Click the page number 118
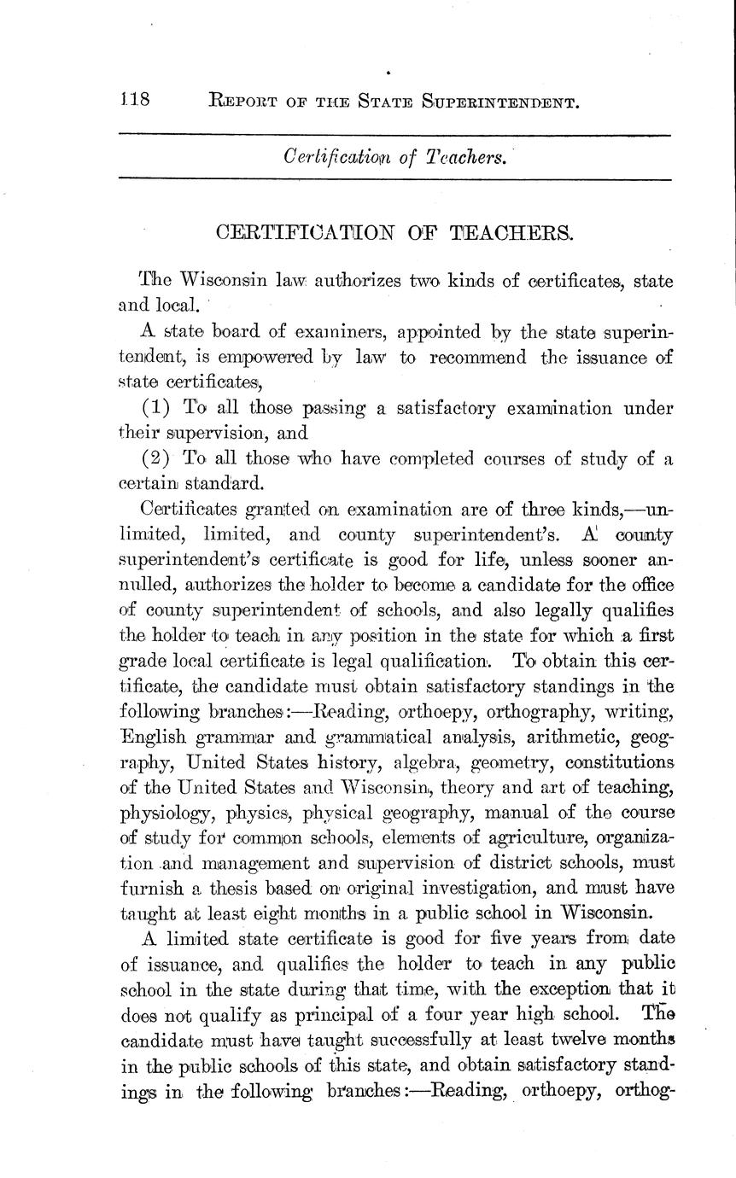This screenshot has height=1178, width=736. point(134,102)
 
